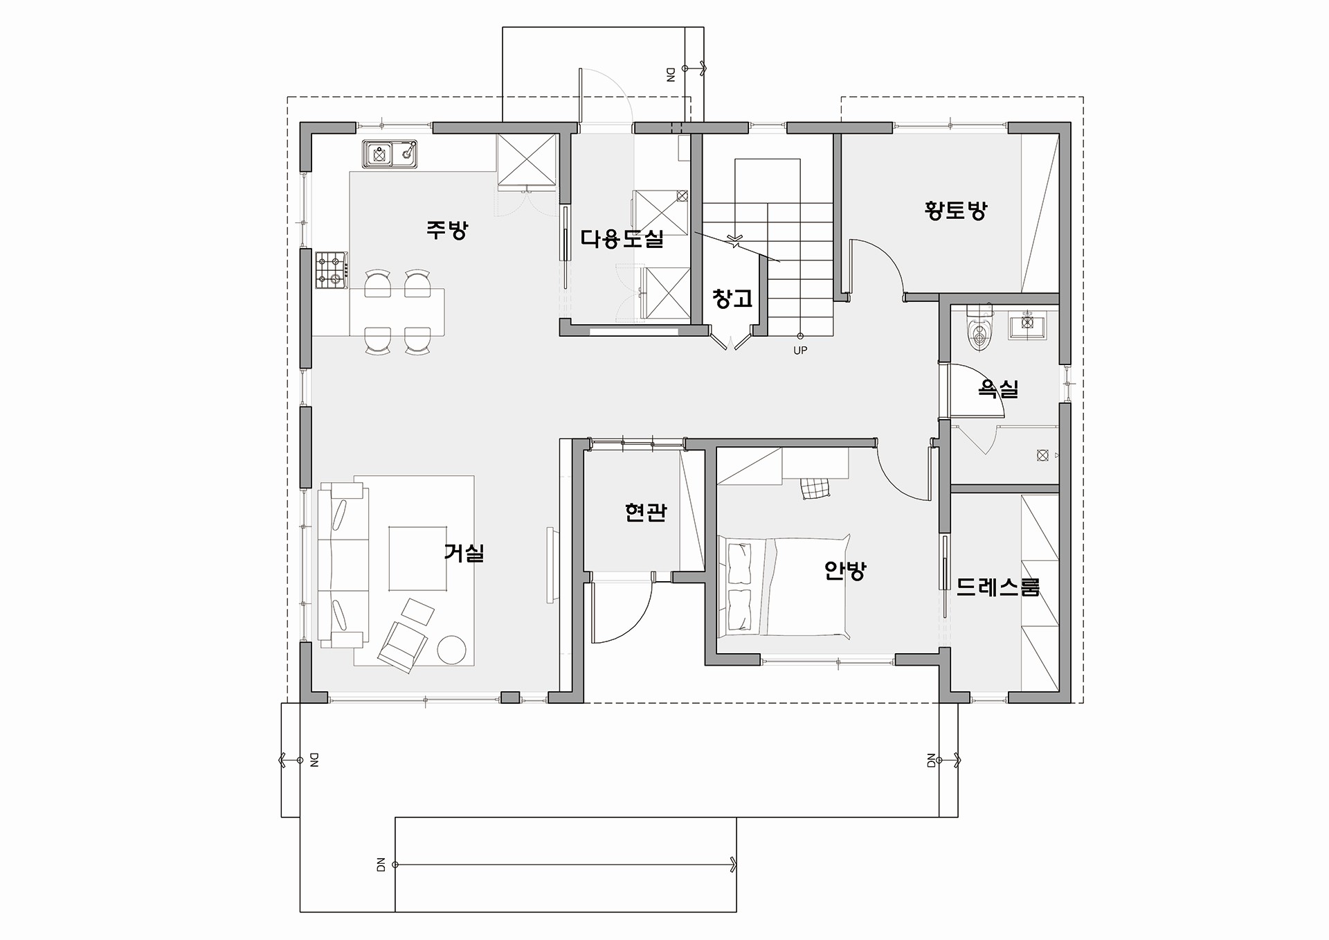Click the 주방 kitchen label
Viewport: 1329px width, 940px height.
pos(447,229)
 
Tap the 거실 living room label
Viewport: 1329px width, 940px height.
pos(464,553)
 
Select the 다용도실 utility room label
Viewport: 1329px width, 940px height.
pos(622,239)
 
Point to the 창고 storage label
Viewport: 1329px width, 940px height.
pos(732,299)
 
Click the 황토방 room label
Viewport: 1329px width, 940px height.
pos(956,210)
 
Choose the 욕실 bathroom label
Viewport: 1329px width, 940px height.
pos(998,389)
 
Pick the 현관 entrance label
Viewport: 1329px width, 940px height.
pos(645,512)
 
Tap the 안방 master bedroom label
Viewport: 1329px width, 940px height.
pos(845,571)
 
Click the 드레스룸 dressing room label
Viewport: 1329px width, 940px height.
pos(998,587)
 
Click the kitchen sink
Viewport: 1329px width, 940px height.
pos(390,154)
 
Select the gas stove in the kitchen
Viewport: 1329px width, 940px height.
pos(332,270)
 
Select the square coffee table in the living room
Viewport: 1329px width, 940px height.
pos(417,558)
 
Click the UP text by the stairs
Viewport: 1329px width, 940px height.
pos(800,351)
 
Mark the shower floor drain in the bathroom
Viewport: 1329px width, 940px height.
pos(1042,455)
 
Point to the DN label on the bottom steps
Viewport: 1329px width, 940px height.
pos(380,865)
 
